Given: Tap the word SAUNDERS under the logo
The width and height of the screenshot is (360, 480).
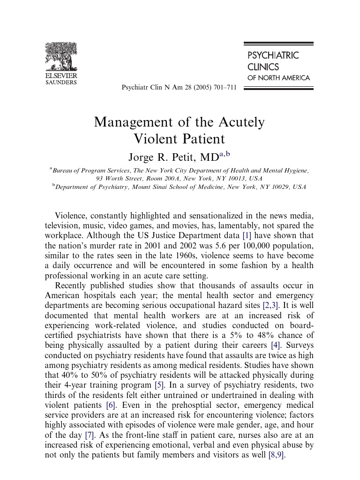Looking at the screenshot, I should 61,82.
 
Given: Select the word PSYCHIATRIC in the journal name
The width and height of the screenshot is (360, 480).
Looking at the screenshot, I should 273,55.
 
